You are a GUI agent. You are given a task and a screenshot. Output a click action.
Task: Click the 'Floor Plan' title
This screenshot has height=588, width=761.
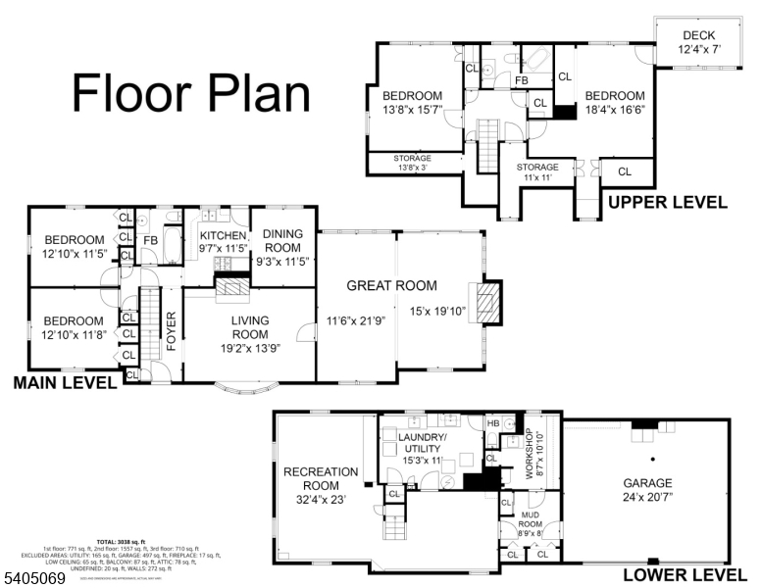point(191,93)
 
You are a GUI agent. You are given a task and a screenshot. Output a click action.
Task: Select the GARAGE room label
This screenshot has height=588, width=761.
point(648,483)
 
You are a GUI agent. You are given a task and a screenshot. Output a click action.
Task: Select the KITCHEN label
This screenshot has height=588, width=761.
point(223,236)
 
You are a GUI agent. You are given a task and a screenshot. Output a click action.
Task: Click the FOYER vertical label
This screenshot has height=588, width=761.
point(171,331)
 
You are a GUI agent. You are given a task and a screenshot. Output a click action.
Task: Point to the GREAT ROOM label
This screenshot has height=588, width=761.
point(391,286)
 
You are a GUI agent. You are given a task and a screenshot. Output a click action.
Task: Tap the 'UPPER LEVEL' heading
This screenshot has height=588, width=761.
point(668,203)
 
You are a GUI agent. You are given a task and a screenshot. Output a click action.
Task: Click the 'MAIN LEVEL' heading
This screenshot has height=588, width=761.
point(65,385)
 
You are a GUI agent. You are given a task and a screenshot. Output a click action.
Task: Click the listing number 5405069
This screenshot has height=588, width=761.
point(35,579)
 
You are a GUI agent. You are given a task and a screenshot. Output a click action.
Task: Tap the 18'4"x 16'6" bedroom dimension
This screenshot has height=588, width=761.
point(615,112)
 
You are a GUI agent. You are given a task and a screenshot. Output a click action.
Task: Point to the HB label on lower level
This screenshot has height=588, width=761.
point(493,423)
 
